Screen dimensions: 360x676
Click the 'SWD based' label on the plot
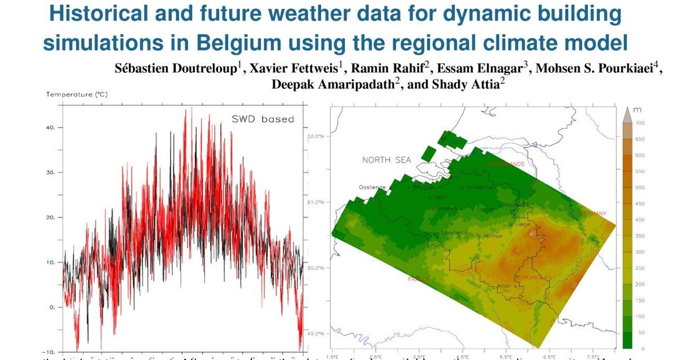[263, 119]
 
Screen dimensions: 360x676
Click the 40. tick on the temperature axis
[50, 128]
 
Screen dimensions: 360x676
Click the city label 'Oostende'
[372, 187]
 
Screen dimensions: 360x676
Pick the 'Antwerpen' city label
[481, 187]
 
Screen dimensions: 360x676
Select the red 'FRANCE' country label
[419, 279]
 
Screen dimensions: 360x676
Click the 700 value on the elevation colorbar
[640, 123]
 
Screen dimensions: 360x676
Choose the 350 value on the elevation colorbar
[640, 235]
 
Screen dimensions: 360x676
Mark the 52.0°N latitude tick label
[316, 136]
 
